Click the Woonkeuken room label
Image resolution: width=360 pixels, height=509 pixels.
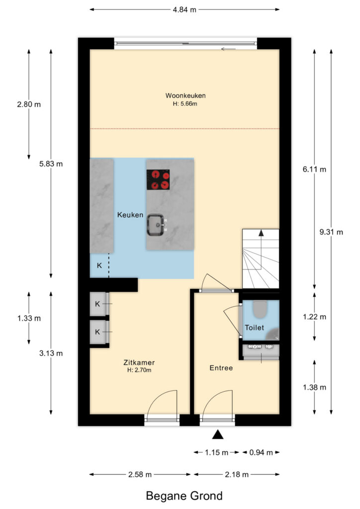click(185, 95)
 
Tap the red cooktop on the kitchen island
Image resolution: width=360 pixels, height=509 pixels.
click(158, 179)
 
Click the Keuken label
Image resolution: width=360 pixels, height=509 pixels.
click(130, 215)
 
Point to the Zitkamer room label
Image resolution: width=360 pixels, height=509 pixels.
click(139, 362)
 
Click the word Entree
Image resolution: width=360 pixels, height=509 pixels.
click(221, 368)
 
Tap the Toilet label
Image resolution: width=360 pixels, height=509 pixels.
click(255, 328)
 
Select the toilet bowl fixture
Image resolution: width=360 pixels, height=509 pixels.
click(260, 309)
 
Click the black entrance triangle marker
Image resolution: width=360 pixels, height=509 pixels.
click(217, 434)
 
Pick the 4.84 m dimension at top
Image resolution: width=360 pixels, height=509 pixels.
click(184, 10)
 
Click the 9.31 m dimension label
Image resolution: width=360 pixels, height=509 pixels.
click(331, 232)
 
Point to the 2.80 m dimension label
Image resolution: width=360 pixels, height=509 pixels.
click(29, 104)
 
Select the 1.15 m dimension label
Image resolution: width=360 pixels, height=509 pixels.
click(216, 452)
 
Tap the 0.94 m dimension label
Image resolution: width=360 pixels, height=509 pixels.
click(261, 452)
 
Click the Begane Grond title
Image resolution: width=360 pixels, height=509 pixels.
click(184, 496)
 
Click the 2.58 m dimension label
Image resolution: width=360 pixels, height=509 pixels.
click(140, 475)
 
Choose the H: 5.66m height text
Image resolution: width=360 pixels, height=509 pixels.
click(185, 104)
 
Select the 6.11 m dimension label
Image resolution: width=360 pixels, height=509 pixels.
click(315, 169)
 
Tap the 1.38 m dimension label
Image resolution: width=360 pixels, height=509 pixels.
click(315, 387)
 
